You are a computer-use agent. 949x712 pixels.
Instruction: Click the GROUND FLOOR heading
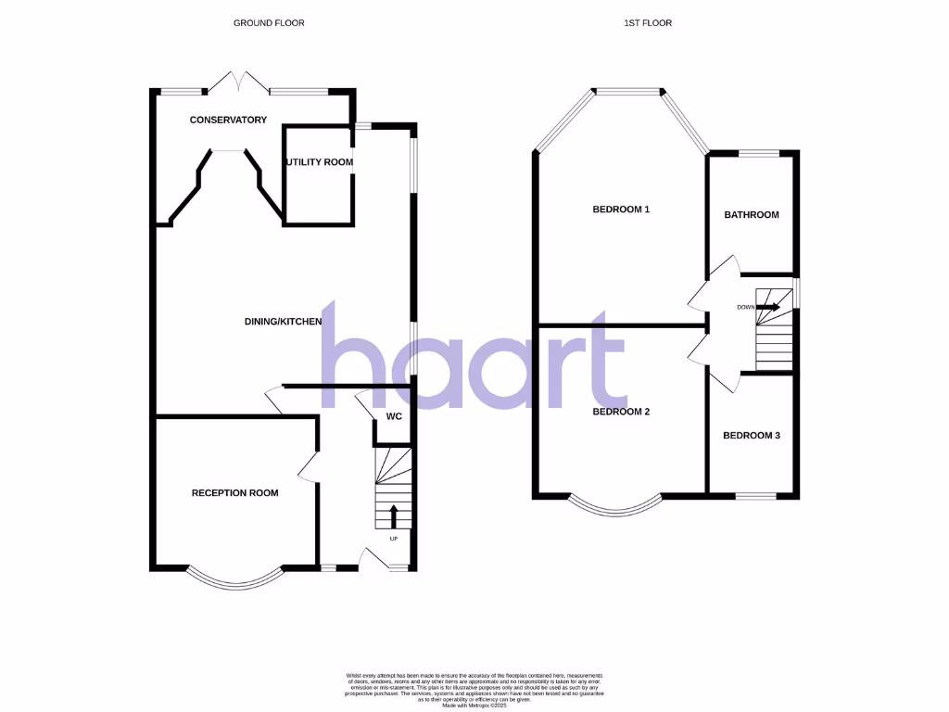[x=269, y=22]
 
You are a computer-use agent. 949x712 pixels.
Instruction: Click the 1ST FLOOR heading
[x=652, y=22]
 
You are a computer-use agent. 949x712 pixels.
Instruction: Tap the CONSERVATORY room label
[x=228, y=120]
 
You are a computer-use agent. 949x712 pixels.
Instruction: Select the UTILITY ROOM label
[x=320, y=162]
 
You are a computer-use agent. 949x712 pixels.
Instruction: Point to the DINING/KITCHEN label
[x=283, y=322]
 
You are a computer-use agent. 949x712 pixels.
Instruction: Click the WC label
[x=393, y=416]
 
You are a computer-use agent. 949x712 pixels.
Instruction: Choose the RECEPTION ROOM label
[x=234, y=493]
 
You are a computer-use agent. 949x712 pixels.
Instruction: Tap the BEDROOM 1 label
[x=621, y=210]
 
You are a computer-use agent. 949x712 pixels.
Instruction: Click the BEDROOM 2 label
[x=621, y=411]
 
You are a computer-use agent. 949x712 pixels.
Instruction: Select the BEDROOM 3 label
[x=752, y=435]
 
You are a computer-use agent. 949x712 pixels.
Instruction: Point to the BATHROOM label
[x=752, y=215]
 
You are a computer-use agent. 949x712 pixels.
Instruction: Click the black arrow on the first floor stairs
[x=769, y=307]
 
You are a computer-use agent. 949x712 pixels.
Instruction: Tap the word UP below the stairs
[x=393, y=539]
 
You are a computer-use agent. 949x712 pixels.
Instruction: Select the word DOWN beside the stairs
[x=745, y=308]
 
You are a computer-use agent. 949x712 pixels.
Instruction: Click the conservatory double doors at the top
[x=238, y=82]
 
